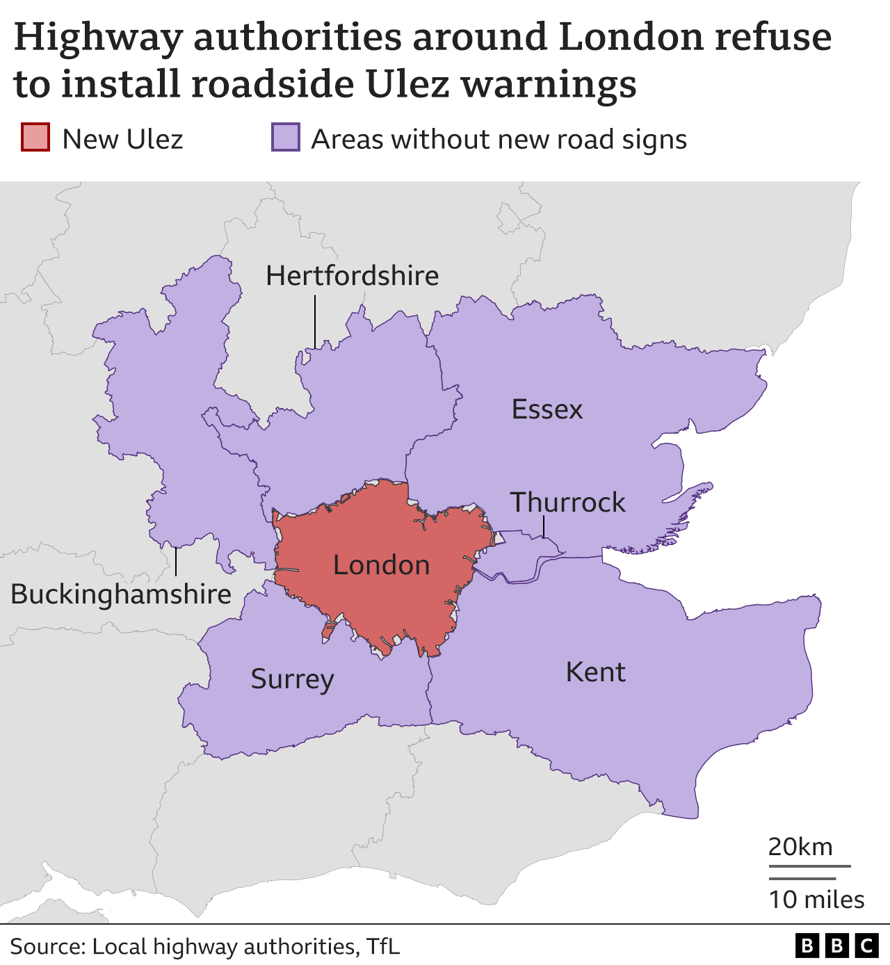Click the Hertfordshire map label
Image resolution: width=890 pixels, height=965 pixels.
click(x=352, y=276)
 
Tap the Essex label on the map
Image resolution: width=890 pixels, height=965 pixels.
click(x=547, y=409)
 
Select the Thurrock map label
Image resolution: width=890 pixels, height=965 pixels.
click(x=568, y=502)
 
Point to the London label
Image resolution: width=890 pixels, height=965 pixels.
click(x=381, y=565)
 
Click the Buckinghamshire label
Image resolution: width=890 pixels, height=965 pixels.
click(x=121, y=594)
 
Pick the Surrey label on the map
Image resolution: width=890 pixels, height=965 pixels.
click(x=292, y=679)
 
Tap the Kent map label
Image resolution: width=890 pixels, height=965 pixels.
click(x=596, y=672)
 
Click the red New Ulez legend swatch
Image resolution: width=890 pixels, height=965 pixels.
click(x=35, y=138)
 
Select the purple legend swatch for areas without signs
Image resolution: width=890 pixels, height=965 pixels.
click(x=285, y=138)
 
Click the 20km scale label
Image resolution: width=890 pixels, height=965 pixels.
click(x=800, y=847)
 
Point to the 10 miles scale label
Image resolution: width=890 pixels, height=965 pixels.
click(x=816, y=900)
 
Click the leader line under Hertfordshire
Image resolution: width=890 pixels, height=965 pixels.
click(x=315, y=321)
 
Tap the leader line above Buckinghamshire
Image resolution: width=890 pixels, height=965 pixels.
click(x=176, y=562)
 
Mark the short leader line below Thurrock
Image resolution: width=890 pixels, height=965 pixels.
click(x=544, y=527)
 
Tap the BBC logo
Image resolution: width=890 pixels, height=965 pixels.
click(x=836, y=946)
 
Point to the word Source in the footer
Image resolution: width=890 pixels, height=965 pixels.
click(x=48, y=946)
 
